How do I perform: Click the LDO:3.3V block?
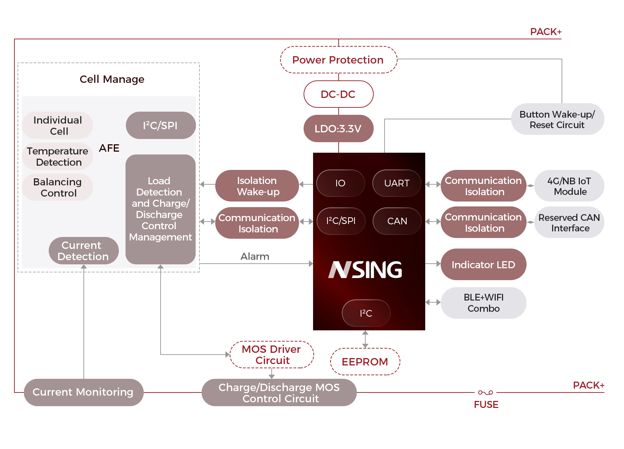[x=338, y=128]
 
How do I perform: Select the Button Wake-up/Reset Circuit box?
[x=557, y=119]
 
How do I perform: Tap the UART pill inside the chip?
[x=396, y=183]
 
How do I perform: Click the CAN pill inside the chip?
[x=397, y=221]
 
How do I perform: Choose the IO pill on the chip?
[x=340, y=183]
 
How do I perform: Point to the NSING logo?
[x=365, y=270]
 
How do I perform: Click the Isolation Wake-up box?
[x=257, y=186]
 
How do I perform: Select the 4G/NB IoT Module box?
[x=569, y=186]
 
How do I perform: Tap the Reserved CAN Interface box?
[x=569, y=223]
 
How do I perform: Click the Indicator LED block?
[x=483, y=265]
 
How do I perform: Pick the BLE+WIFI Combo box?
[x=483, y=303]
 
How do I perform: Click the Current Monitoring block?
[x=83, y=392]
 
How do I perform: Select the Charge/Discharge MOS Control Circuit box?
[x=279, y=392]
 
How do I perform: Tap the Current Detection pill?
[x=83, y=251]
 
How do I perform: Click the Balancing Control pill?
[x=58, y=187]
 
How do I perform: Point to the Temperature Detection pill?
[x=58, y=157]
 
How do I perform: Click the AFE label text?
[x=109, y=148]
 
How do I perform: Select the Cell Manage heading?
[x=112, y=79]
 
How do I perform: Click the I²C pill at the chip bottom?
[x=366, y=313]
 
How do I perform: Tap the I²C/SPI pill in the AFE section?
[x=161, y=125]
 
